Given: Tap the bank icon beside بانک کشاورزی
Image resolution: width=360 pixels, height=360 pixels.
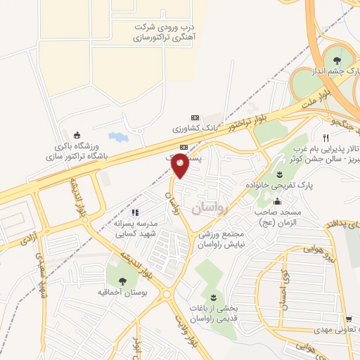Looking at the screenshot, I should [x=195, y=117].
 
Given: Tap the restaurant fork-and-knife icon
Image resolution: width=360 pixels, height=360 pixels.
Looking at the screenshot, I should [x=325, y=138].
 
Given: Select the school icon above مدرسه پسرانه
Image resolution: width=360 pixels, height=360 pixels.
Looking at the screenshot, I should [x=136, y=212].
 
